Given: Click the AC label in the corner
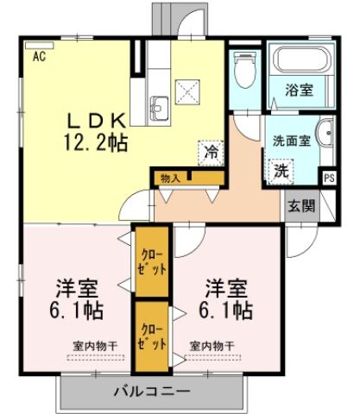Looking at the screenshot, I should [x=39, y=57].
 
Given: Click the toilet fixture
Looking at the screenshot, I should [x=245, y=69].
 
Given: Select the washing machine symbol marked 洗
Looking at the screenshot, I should [x=281, y=169].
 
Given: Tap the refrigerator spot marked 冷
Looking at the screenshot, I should [x=211, y=153].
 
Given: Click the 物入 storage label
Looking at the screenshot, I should [x=170, y=178].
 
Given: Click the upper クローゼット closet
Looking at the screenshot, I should [x=152, y=260].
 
